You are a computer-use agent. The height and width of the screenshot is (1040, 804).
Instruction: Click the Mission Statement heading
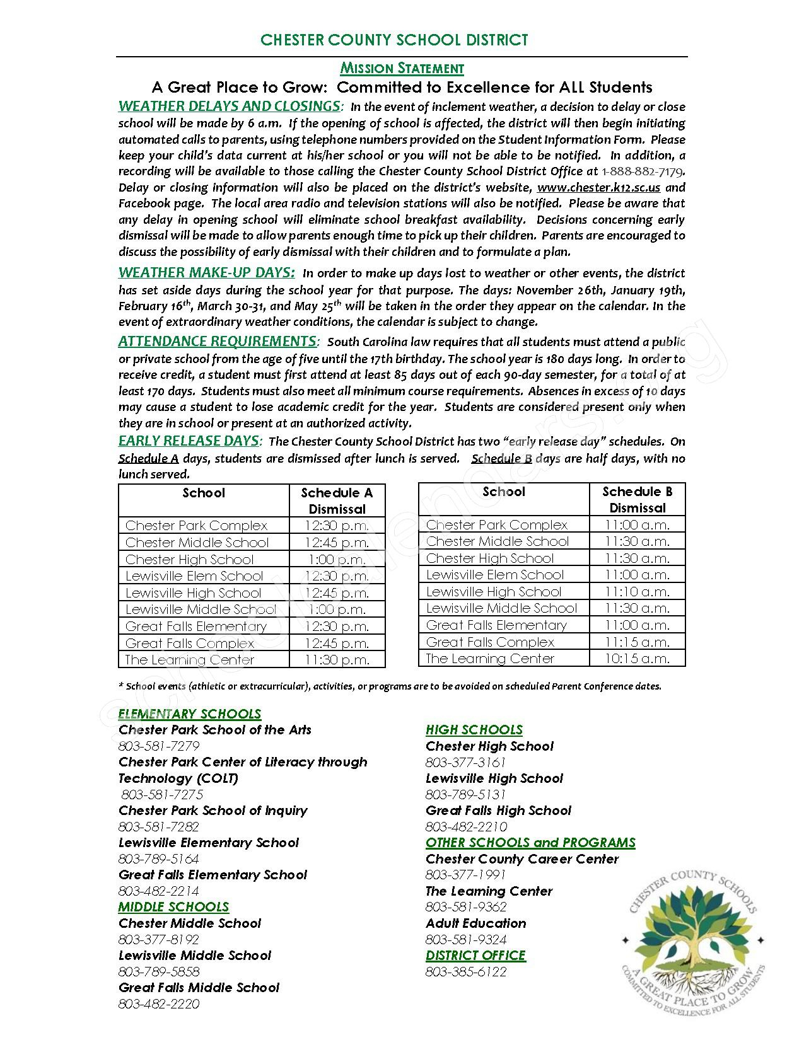402,68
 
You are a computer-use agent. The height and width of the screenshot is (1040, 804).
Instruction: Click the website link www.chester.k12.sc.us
598,187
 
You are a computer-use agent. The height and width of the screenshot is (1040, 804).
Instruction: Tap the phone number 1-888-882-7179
643,171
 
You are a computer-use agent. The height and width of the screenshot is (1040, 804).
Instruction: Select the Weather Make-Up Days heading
206,272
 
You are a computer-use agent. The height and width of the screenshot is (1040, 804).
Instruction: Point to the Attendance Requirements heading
218,341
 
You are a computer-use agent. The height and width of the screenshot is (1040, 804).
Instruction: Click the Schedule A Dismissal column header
337,500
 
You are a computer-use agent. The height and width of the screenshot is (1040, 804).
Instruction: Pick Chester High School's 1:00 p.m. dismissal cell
337,559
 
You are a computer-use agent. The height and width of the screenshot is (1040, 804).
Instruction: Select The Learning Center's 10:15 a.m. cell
637,658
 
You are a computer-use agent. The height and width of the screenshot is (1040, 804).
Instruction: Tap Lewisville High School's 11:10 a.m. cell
637,591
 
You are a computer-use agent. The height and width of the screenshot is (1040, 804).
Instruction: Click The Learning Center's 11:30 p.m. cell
337,659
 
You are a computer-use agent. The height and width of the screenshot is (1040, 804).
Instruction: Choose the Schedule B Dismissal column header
637,499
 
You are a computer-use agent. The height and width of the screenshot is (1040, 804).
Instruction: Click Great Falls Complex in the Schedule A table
190,643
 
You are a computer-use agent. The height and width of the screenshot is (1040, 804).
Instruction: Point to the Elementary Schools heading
190,714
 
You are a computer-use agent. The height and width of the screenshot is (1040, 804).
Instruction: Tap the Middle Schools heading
173,907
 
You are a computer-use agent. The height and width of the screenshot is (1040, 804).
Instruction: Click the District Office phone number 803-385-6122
466,971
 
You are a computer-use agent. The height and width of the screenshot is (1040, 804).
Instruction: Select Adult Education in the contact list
476,923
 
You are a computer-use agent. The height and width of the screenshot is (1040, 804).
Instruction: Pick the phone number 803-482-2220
159,1003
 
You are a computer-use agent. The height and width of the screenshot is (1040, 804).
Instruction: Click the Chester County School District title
394,40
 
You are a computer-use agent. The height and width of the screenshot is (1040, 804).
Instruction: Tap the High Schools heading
474,730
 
